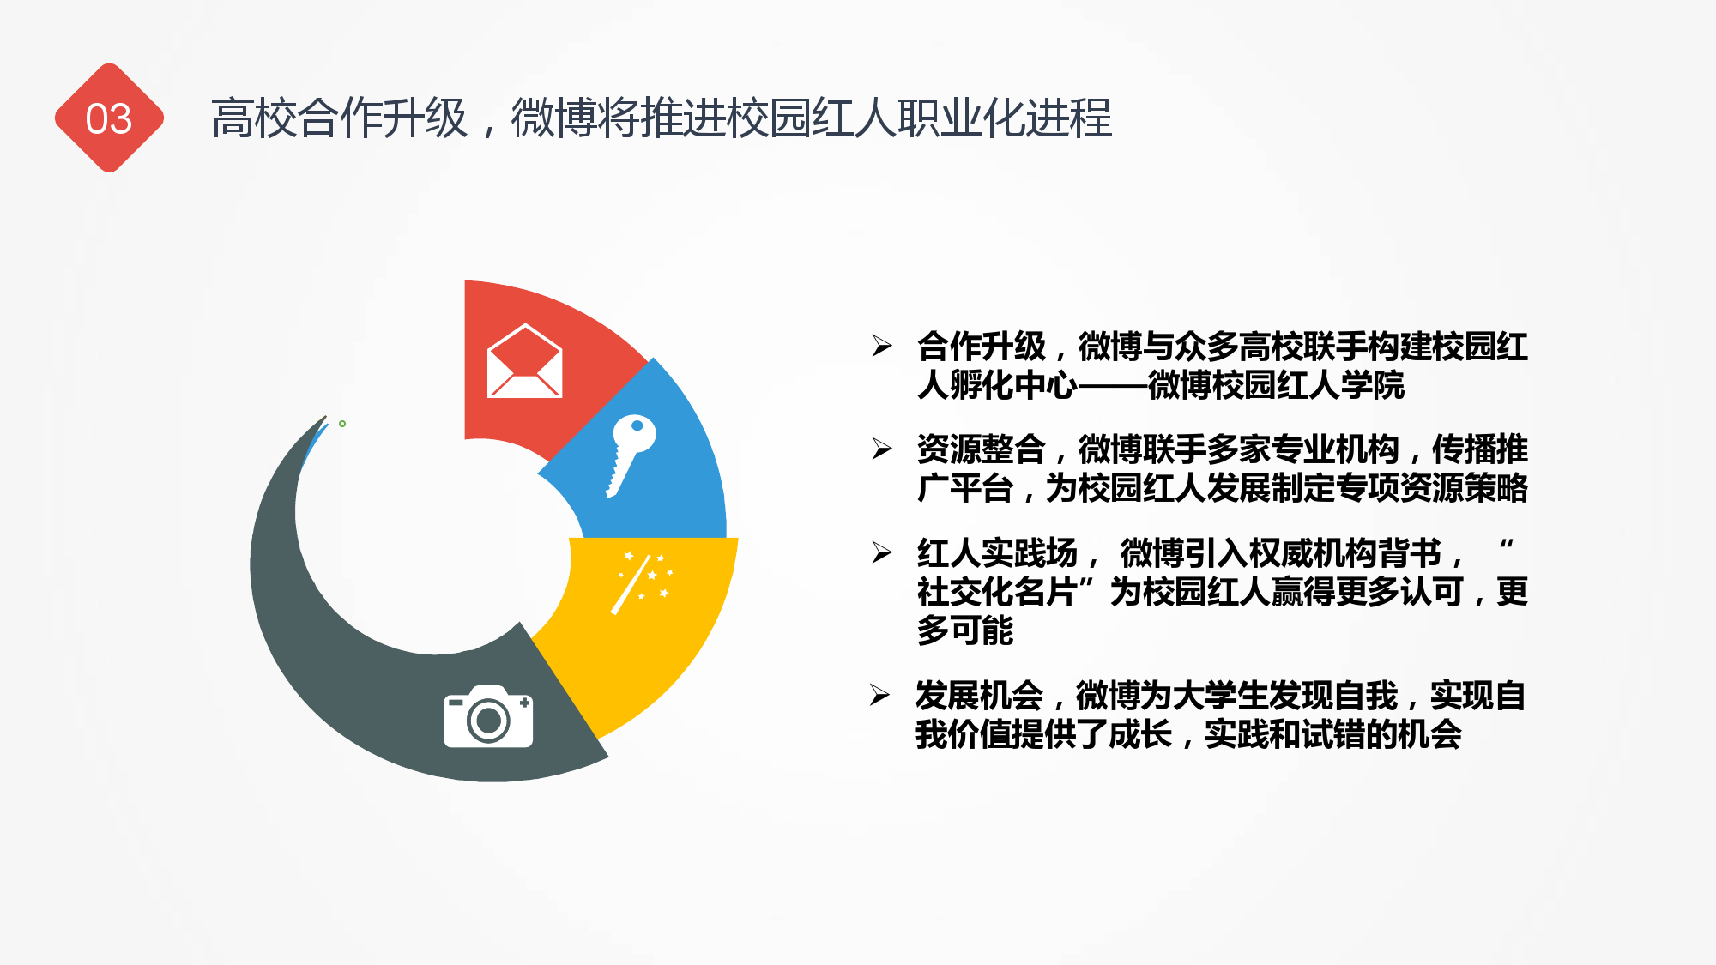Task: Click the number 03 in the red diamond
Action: click(x=109, y=118)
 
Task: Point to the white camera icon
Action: click(x=488, y=716)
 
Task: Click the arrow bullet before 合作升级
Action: click(x=882, y=346)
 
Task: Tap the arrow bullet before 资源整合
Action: click(x=882, y=449)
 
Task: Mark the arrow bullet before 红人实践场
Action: click(x=882, y=552)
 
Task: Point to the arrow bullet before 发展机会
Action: click(x=880, y=695)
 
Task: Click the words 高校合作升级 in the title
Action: click(x=340, y=118)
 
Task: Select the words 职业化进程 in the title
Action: click(x=1005, y=118)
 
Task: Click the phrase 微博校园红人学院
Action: click(x=1276, y=385)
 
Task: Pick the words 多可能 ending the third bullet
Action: click(x=964, y=630)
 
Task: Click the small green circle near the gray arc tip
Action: click(x=342, y=424)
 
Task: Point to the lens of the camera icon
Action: click(x=488, y=721)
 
